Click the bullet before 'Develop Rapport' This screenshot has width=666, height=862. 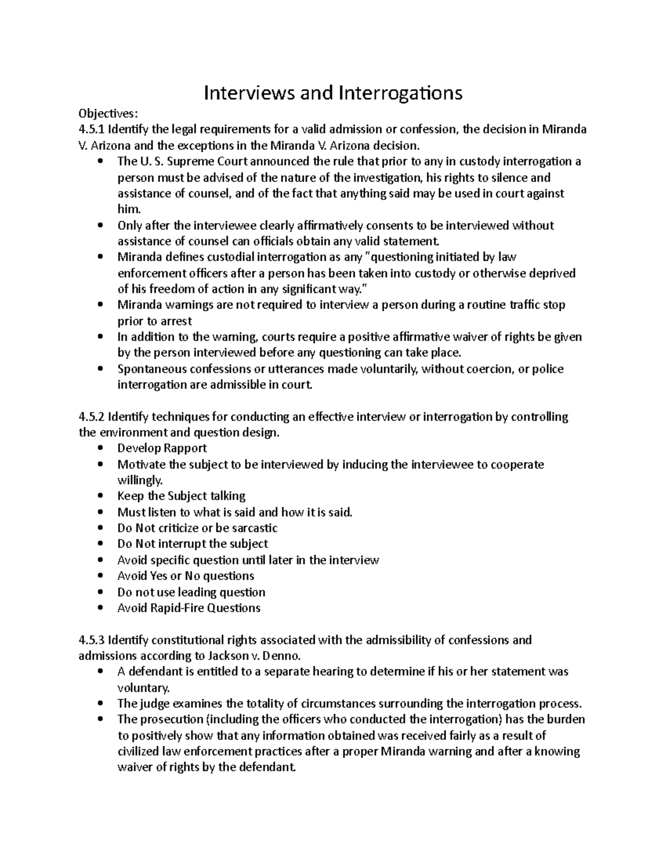pyautogui.click(x=100, y=448)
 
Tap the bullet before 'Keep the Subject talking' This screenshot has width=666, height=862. pyautogui.click(x=100, y=496)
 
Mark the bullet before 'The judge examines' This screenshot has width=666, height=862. pyautogui.click(x=100, y=704)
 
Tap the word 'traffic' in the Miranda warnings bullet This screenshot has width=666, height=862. pyautogui.click(x=522, y=305)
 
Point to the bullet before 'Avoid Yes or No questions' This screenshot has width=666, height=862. pyautogui.click(x=100, y=576)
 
